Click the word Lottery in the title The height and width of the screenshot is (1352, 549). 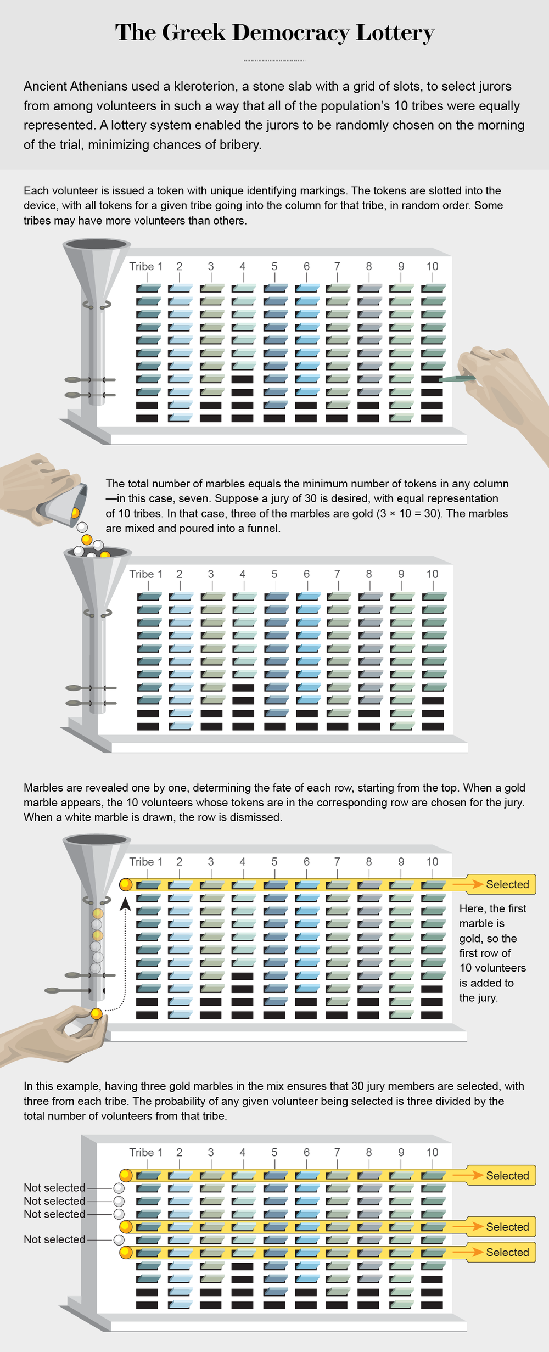395,33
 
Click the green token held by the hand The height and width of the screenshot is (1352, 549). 457,378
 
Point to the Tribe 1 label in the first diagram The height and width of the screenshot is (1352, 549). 145,266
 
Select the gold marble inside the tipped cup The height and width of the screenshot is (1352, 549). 75,513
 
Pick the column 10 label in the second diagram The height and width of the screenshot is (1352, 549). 432,574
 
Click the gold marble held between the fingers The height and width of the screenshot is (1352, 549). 96,1014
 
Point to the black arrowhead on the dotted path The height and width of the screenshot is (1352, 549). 125,904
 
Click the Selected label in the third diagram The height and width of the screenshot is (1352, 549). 507,884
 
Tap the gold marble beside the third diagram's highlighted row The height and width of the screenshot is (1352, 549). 126,884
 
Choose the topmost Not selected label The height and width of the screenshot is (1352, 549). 54,1187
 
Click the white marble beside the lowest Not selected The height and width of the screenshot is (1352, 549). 119,1239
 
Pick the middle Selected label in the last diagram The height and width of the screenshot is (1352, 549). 507,1226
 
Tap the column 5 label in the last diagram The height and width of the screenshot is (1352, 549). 274,1152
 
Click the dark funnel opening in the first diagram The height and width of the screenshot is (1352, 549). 97,243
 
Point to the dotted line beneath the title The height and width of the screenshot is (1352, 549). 274,60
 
